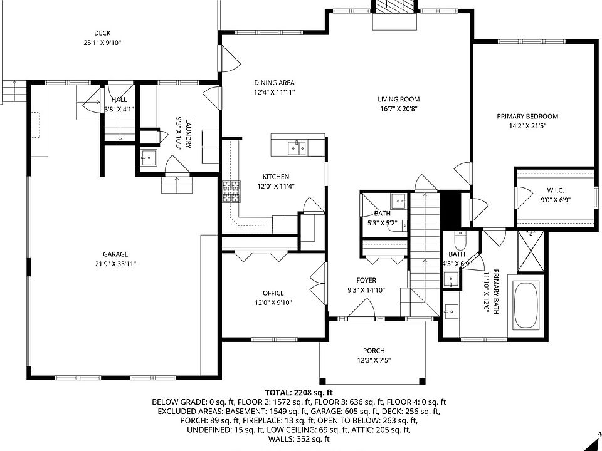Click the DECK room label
tap(102, 33)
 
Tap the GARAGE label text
tap(115, 254)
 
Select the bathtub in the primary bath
tap(525, 304)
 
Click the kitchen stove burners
tap(231, 191)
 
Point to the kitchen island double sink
tap(297, 148)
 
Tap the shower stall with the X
tap(531, 251)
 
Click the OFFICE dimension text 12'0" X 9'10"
tap(273, 303)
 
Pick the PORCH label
tap(374, 351)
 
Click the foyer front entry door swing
tap(362, 308)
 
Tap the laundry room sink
tap(148, 157)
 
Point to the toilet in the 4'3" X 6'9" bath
tap(460, 241)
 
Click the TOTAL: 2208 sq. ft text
tap(298, 392)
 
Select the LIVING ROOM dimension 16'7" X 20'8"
tap(399, 108)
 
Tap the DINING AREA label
tap(274, 83)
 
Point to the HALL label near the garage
tap(119, 100)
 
